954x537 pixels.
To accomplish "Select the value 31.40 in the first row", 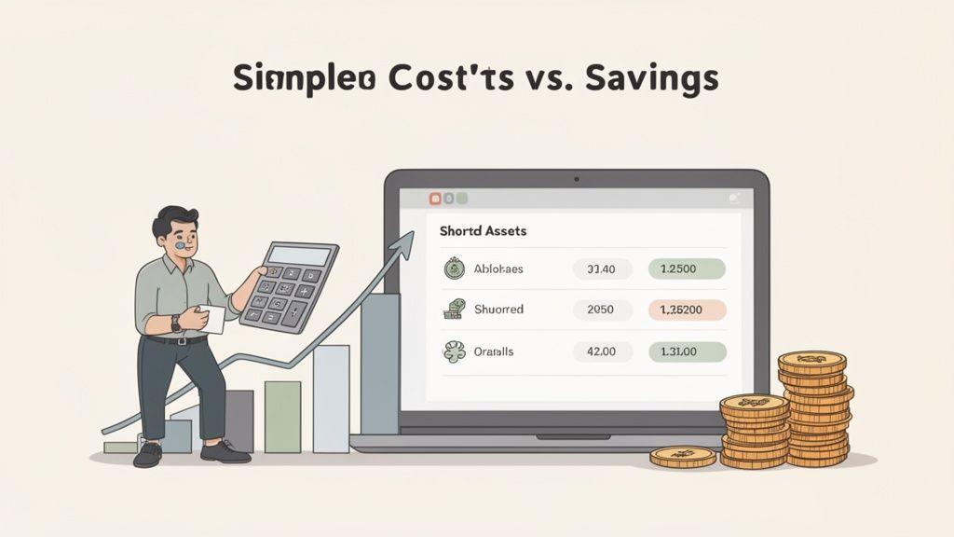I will tap(600, 269).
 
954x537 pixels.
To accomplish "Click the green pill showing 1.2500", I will tap(686, 269).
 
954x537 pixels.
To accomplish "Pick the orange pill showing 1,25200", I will tap(686, 310).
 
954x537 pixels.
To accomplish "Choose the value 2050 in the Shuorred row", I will tap(600, 310).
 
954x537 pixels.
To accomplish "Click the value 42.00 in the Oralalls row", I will tap(600, 352).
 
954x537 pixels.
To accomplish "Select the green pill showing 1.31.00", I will tap(686, 352).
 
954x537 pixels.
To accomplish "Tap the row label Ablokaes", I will tap(498, 269).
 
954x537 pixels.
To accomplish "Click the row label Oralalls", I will tap(495, 352).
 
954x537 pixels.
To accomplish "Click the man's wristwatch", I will tap(176, 323).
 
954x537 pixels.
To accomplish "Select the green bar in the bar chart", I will tap(282, 416).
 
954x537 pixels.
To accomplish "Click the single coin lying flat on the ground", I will tap(683, 456).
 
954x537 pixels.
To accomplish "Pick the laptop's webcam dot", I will tap(577, 177).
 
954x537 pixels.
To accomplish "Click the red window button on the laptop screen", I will tap(434, 199).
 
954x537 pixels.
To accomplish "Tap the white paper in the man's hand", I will tap(211, 319).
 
